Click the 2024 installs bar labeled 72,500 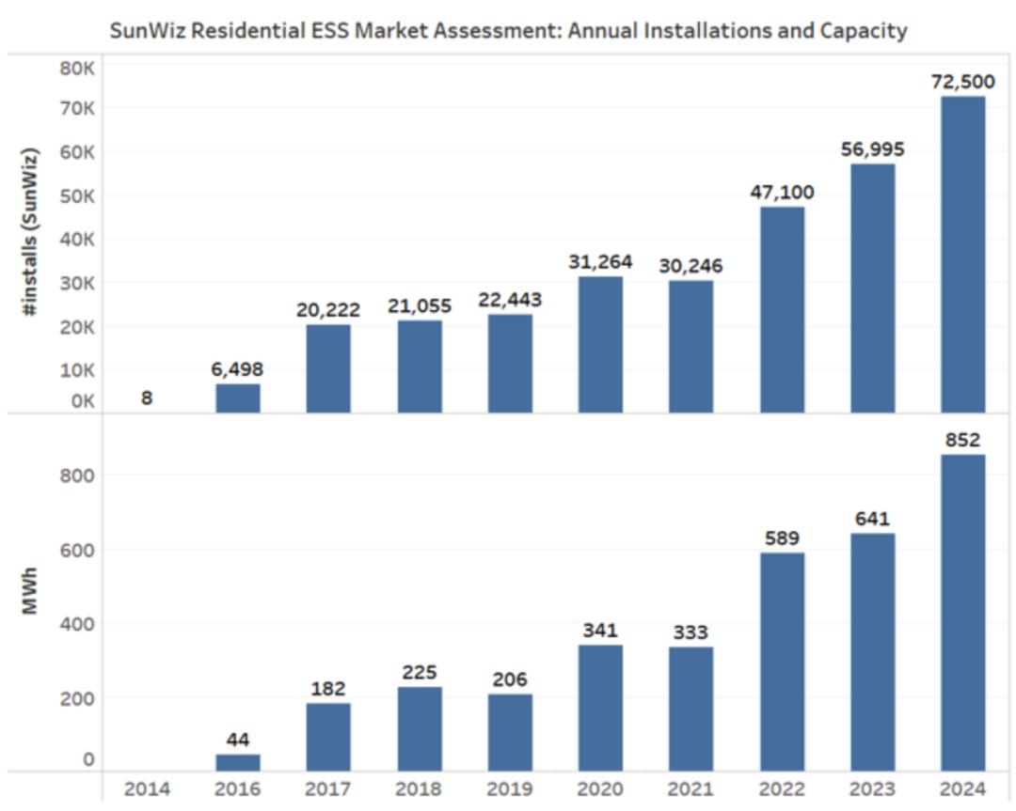962,254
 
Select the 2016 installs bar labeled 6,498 238,398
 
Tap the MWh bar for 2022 782,662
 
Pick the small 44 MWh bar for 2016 238,762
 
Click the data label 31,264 600,261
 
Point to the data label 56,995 872,149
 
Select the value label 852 962,440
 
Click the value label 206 509,679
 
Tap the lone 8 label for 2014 147,398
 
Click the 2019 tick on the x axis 509,789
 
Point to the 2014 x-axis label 147,789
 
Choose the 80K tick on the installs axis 76,69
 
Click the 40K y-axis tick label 76,239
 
